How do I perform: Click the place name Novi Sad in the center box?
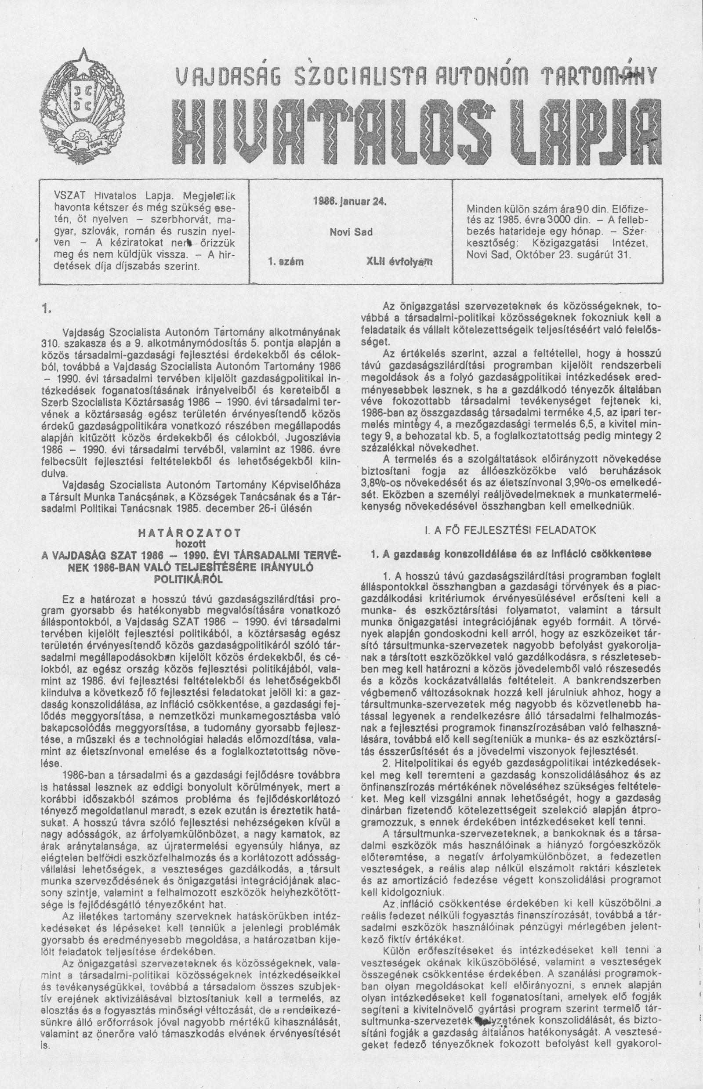tap(351, 232)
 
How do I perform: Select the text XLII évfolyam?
tap(399, 262)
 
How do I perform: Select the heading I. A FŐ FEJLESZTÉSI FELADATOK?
tap(510, 530)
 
